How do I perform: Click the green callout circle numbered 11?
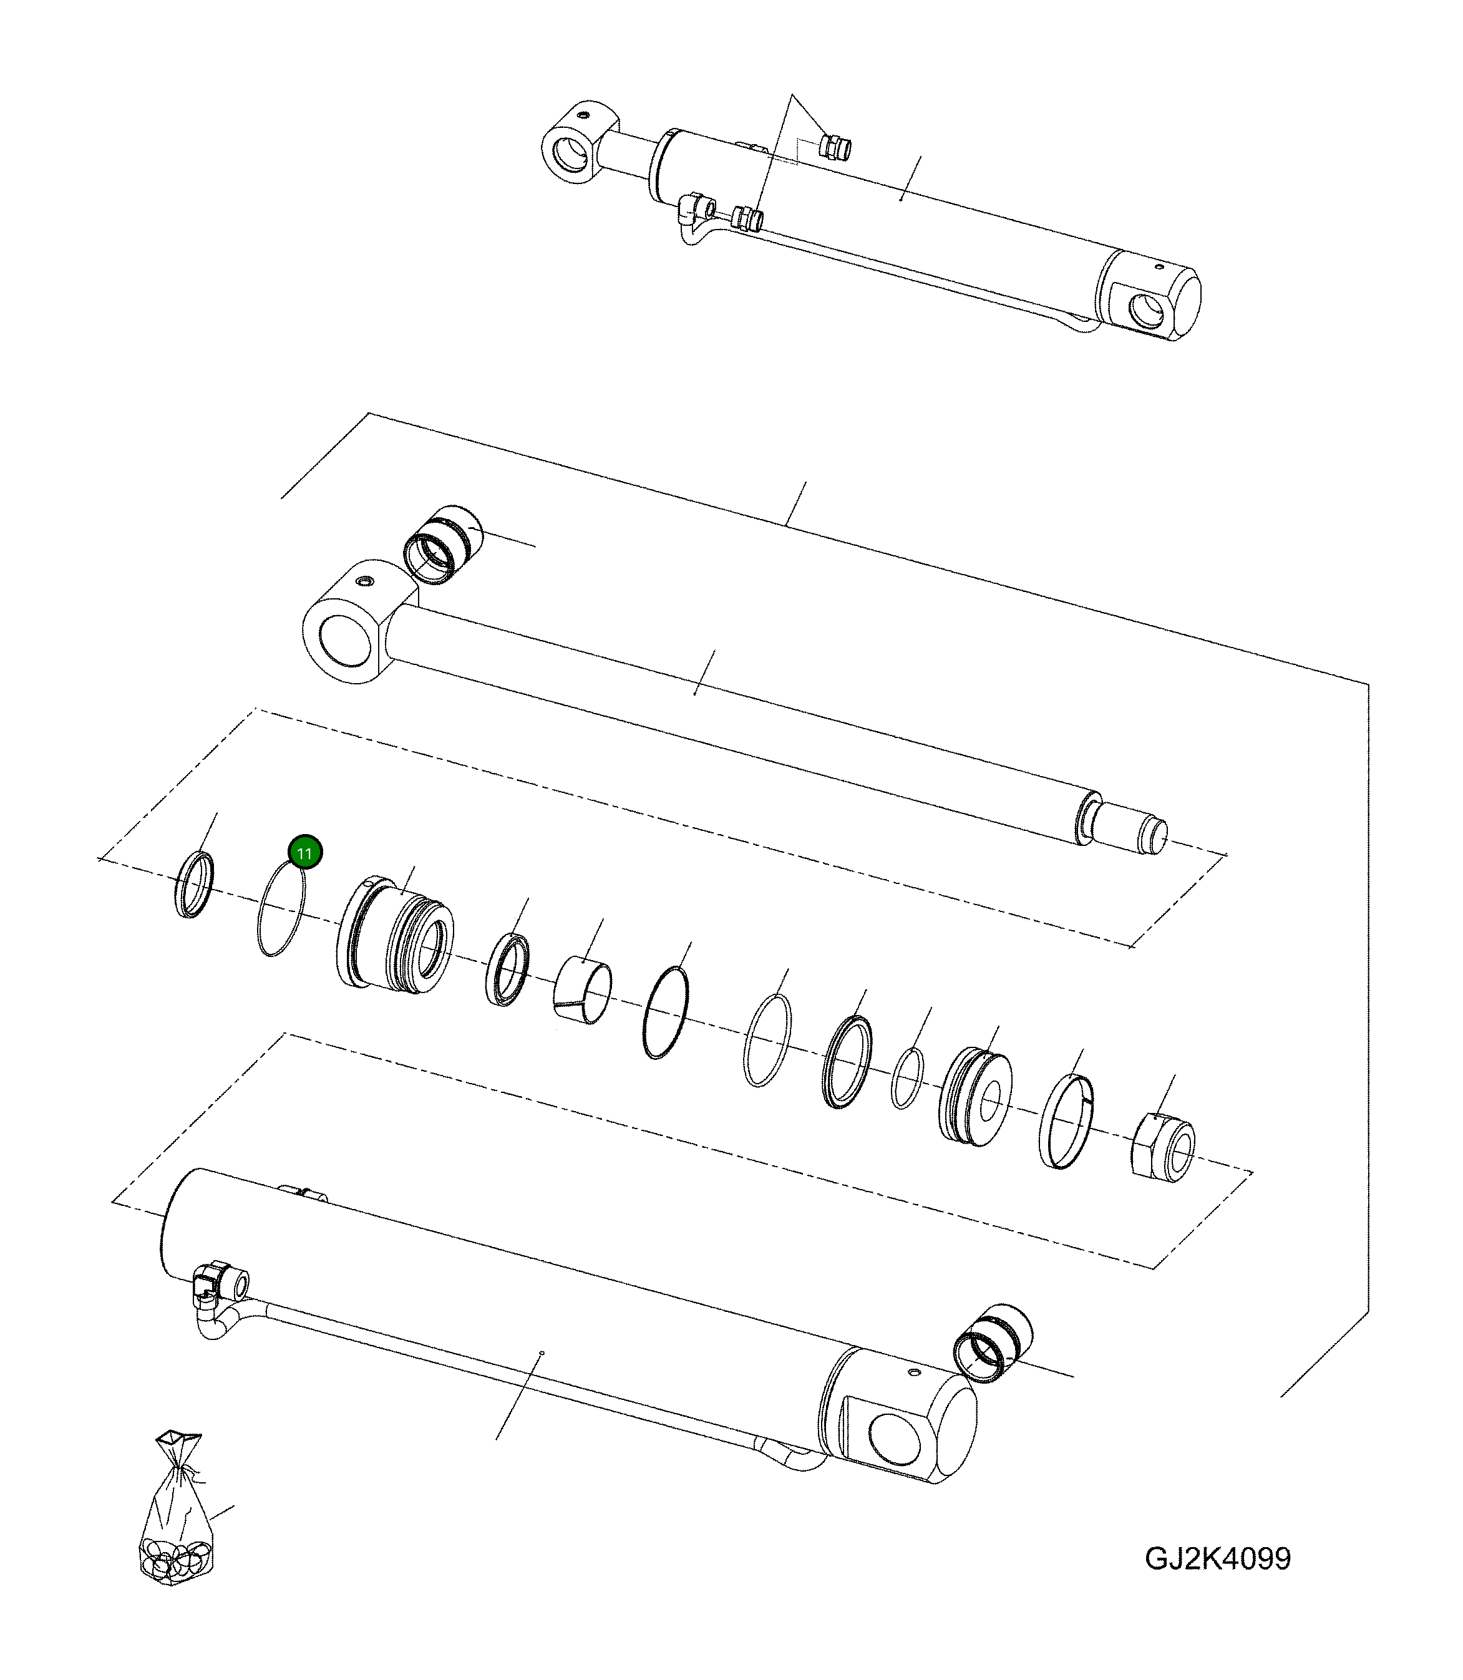[x=304, y=853]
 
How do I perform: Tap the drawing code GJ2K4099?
[x=1217, y=1558]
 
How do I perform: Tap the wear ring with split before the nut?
[x=1066, y=1122]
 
